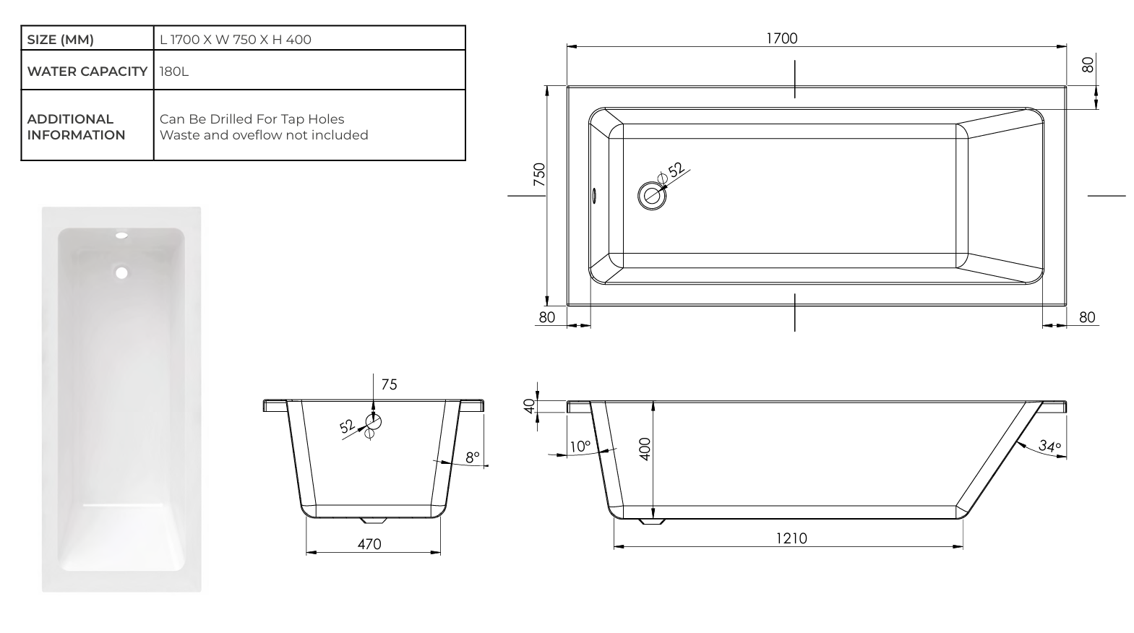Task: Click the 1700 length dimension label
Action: [x=781, y=38]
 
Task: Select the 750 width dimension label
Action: [x=539, y=176]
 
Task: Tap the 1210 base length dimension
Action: [x=791, y=538]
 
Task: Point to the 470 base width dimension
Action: [x=369, y=544]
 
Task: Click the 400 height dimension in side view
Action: [x=645, y=448]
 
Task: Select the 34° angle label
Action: [x=1049, y=446]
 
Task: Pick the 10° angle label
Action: [x=579, y=447]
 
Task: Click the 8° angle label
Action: [x=472, y=457]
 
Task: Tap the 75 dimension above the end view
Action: [x=389, y=384]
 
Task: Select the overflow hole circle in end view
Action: [x=373, y=421]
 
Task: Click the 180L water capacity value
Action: [x=174, y=72]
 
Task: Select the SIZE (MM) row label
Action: [x=61, y=40]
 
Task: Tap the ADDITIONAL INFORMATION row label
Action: [x=76, y=127]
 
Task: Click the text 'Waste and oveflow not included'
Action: [x=264, y=135]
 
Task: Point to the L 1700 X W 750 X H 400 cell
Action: [x=236, y=40]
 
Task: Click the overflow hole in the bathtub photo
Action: [x=121, y=236]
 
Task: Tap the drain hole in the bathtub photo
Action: [x=121, y=272]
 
